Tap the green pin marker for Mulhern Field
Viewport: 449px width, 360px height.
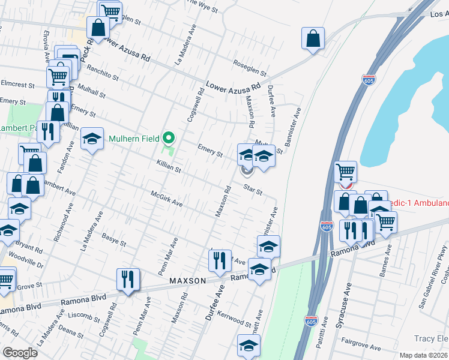pos(169,139)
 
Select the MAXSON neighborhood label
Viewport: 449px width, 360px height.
pos(187,280)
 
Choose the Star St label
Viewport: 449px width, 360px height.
pos(253,190)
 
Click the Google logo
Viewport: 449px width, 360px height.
pos(20,353)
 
